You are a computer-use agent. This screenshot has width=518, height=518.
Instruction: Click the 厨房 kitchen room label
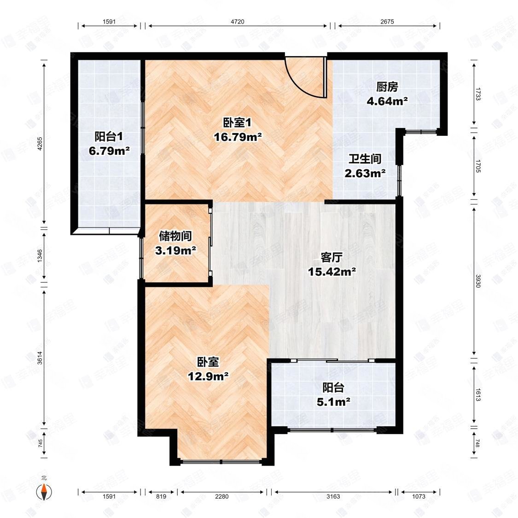coord(387,87)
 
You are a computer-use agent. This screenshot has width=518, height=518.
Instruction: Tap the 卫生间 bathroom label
coord(365,159)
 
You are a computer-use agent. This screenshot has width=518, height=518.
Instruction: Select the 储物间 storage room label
coord(175,236)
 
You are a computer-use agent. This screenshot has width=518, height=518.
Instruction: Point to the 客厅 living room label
coord(332,257)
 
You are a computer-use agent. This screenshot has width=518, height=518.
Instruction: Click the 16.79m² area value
coord(238,137)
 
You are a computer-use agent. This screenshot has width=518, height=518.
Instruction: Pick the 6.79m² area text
coord(109,151)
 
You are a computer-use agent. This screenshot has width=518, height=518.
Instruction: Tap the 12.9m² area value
coord(208,376)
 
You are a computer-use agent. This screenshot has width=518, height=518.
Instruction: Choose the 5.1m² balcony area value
coord(333,402)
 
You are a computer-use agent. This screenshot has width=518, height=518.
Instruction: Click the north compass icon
coord(44,492)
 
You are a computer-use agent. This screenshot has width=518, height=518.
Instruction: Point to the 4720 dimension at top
coord(238,22)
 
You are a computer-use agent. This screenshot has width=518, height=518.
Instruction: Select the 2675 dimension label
coord(387,22)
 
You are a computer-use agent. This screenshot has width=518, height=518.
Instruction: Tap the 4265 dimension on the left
coord(40,144)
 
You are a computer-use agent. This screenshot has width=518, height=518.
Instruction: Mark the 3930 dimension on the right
coord(478,281)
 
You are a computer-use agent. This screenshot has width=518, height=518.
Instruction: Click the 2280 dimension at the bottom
coord(221,496)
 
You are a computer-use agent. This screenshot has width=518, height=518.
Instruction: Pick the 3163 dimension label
coord(333,496)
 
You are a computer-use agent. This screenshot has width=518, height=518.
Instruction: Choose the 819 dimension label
coord(161,496)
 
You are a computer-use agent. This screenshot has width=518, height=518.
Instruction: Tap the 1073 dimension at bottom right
coord(419,496)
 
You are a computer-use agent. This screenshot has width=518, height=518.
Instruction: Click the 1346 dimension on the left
coord(40,256)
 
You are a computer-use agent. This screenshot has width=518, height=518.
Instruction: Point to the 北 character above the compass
coord(44,477)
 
